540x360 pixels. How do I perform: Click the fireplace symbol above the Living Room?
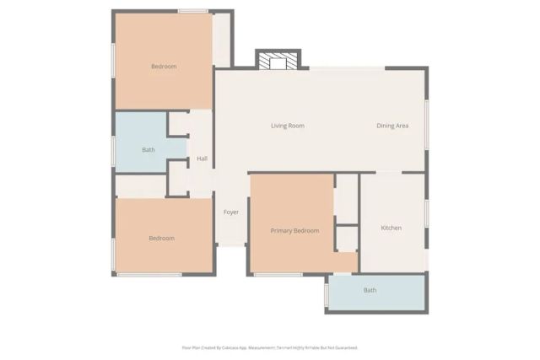278,61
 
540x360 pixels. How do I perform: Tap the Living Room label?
287,126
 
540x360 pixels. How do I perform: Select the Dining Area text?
392,126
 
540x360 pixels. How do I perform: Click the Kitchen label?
391,228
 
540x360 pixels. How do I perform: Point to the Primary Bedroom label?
294,230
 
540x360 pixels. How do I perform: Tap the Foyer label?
230,212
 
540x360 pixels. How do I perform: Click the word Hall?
202,159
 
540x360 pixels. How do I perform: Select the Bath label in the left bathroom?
148,150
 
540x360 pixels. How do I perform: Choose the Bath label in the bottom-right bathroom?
370,290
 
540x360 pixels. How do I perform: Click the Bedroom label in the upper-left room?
164,66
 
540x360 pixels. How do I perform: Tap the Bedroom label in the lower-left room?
161,238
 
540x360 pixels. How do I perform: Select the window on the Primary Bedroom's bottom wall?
278,275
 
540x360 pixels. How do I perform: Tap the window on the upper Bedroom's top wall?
193,11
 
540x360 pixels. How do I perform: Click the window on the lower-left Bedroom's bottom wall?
148,275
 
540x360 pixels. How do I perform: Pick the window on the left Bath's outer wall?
113,150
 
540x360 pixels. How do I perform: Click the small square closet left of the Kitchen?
347,239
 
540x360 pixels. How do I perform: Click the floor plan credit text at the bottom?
270,347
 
